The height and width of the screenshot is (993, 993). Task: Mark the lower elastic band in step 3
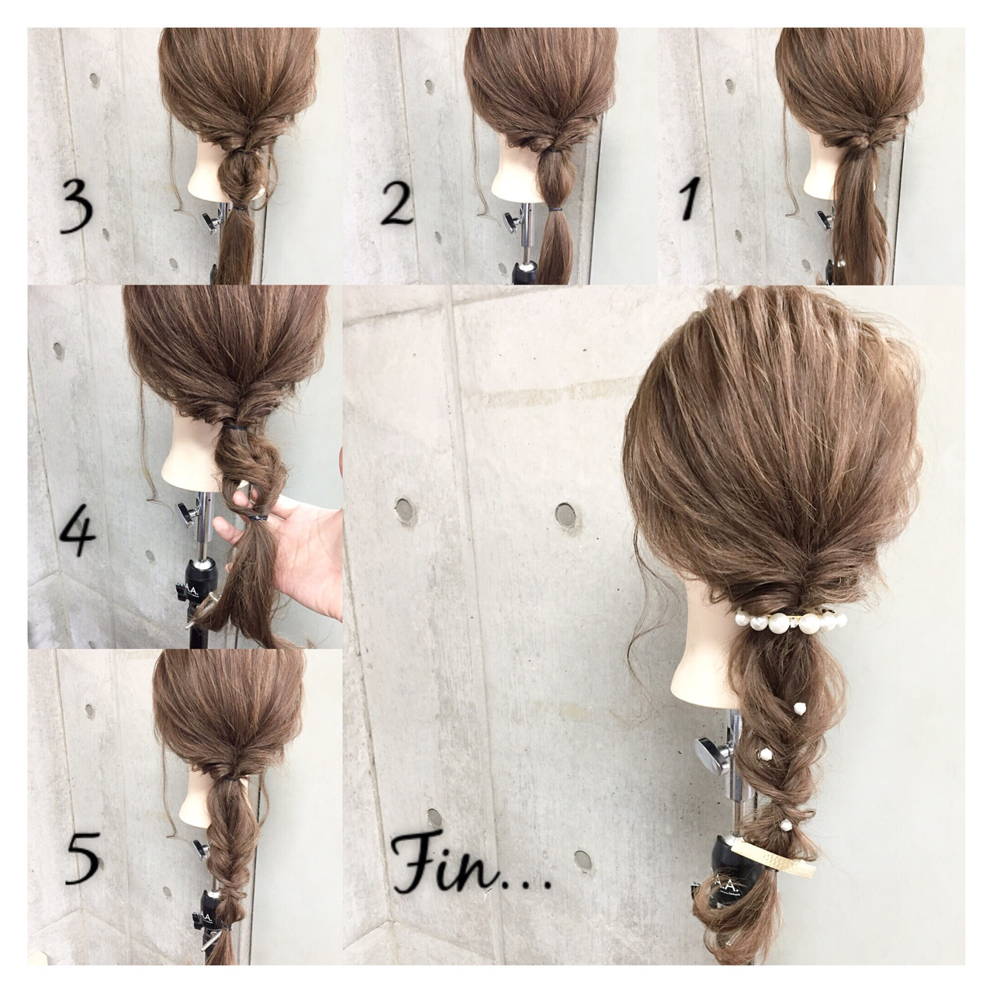tap(241, 209)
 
